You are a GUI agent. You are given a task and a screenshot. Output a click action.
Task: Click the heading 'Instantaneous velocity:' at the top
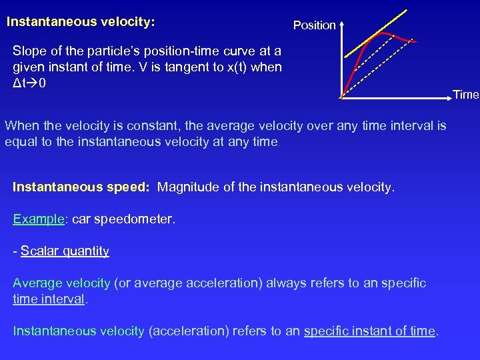(x=81, y=22)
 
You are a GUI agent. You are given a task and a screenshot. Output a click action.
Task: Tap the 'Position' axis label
(x=314, y=25)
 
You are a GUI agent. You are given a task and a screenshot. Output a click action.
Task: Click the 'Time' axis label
(x=466, y=95)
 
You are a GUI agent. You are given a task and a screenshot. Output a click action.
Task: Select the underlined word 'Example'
(x=39, y=219)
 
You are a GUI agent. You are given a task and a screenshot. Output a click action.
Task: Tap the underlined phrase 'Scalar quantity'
(x=65, y=251)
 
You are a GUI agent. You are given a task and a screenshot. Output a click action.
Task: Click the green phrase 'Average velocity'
(x=61, y=283)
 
